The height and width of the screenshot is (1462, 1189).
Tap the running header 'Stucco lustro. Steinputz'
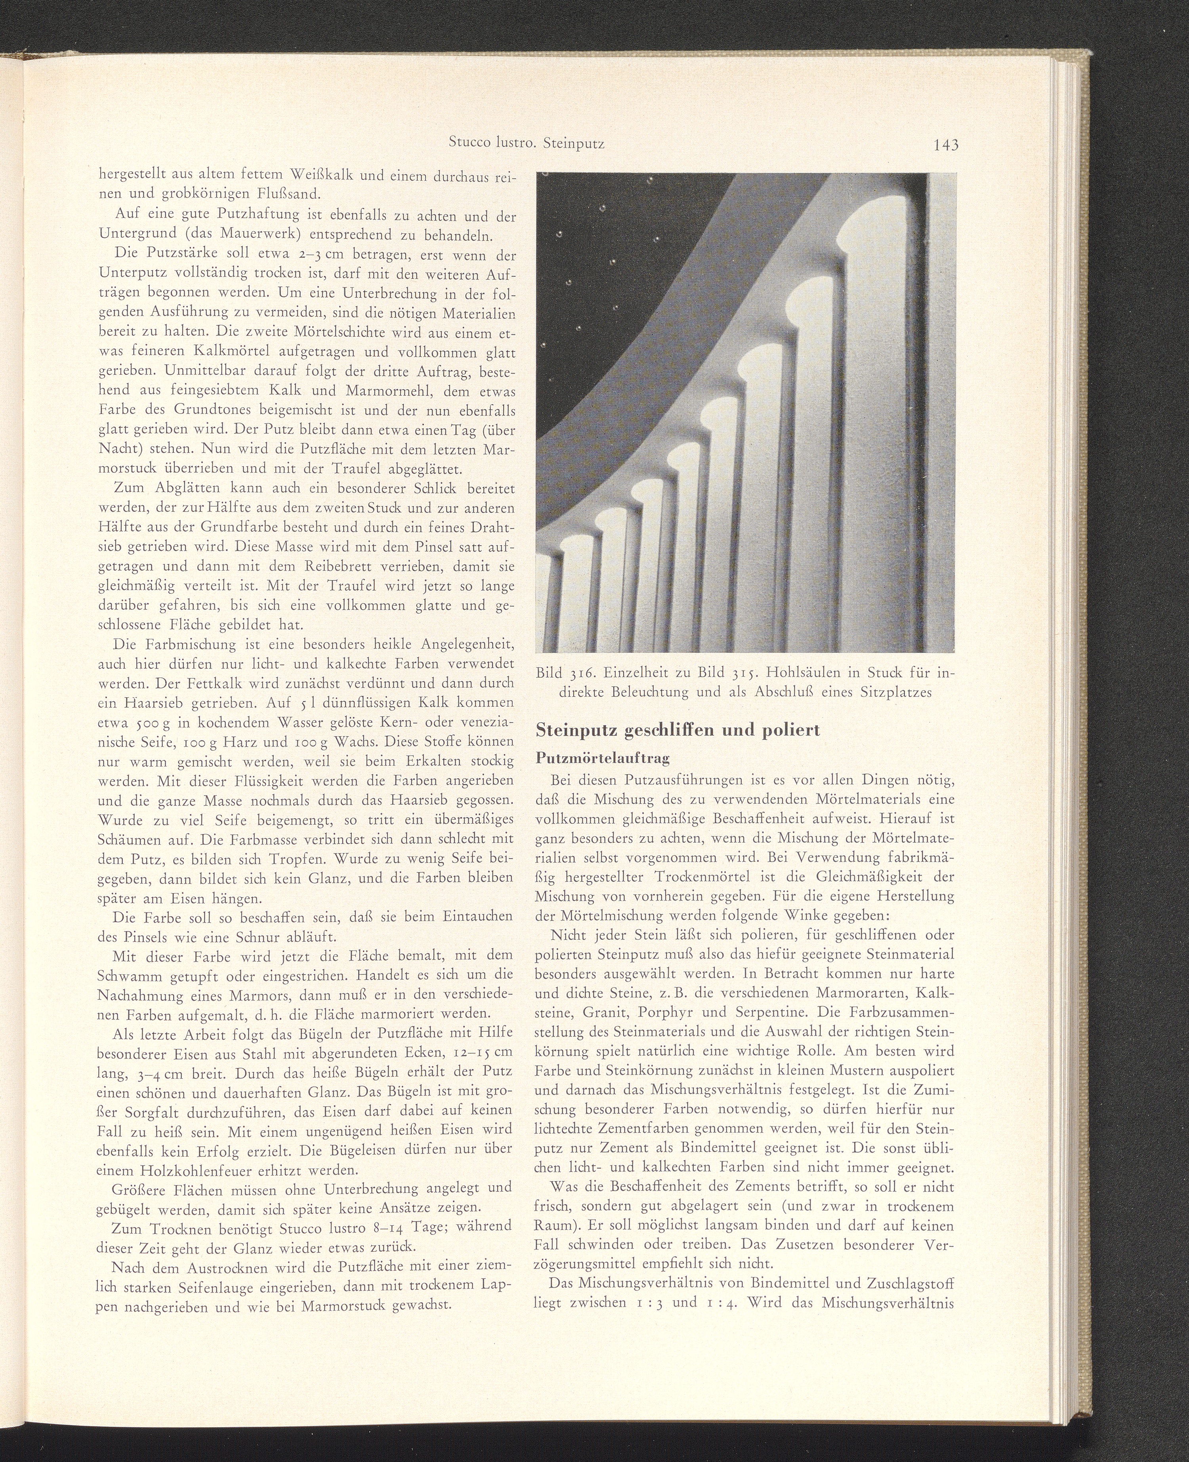(527, 143)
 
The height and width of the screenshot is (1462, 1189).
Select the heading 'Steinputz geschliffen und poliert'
(678, 730)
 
